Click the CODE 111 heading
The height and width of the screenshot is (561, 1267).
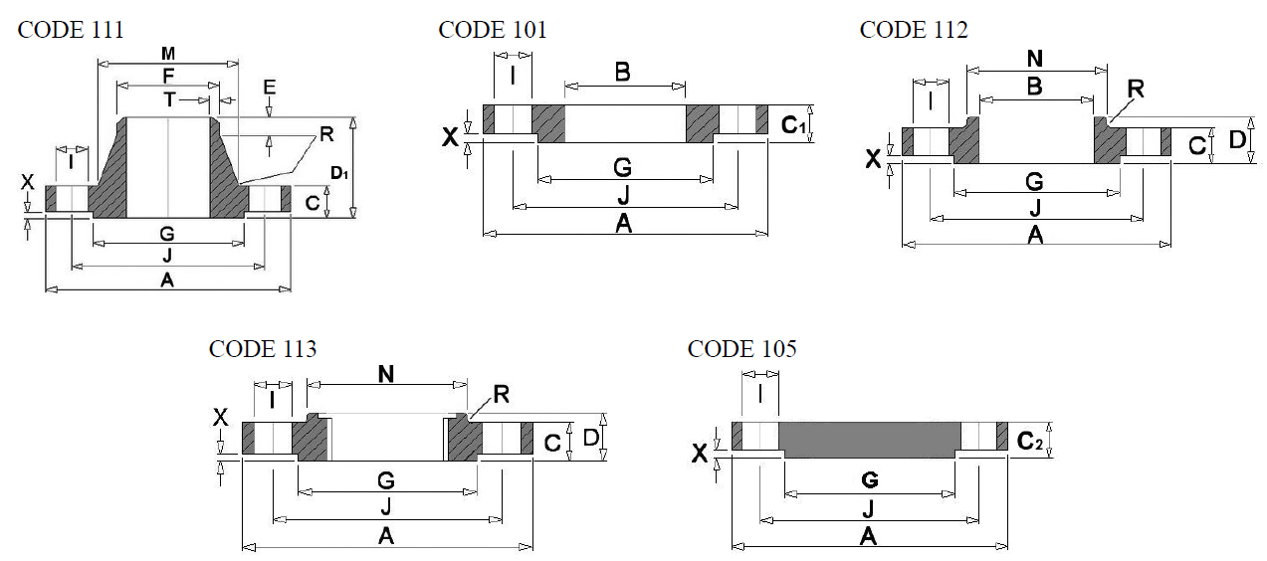click(71, 30)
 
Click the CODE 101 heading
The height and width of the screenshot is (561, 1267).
click(492, 30)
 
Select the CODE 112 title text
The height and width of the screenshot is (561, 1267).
click(914, 30)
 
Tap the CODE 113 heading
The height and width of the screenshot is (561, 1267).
click(263, 349)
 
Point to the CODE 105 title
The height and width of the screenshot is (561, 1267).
click(742, 349)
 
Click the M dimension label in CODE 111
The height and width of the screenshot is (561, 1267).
click(168, 54)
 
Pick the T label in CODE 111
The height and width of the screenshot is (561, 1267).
click(169, 100)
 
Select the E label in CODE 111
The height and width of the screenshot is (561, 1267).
click(270, 88)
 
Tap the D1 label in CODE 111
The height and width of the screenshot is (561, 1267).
click(338, 173)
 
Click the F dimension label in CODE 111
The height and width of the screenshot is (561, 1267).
click(168, 76)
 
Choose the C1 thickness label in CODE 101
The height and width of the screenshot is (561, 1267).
click(793, 125)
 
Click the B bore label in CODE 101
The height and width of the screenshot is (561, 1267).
click(623, 73)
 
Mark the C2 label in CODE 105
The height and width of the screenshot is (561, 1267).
click(1029, 441)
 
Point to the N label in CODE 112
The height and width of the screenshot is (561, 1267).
click(1034, 59)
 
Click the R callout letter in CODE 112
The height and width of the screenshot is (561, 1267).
click(1136, 89)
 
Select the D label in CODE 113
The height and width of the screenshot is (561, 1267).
click(591, 437)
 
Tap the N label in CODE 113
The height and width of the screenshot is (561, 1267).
click(386, 374)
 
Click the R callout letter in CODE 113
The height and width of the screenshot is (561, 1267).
click(502, 394)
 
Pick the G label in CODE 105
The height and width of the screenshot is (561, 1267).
click(870, 480)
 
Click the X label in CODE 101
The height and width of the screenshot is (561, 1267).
click(450, 137)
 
